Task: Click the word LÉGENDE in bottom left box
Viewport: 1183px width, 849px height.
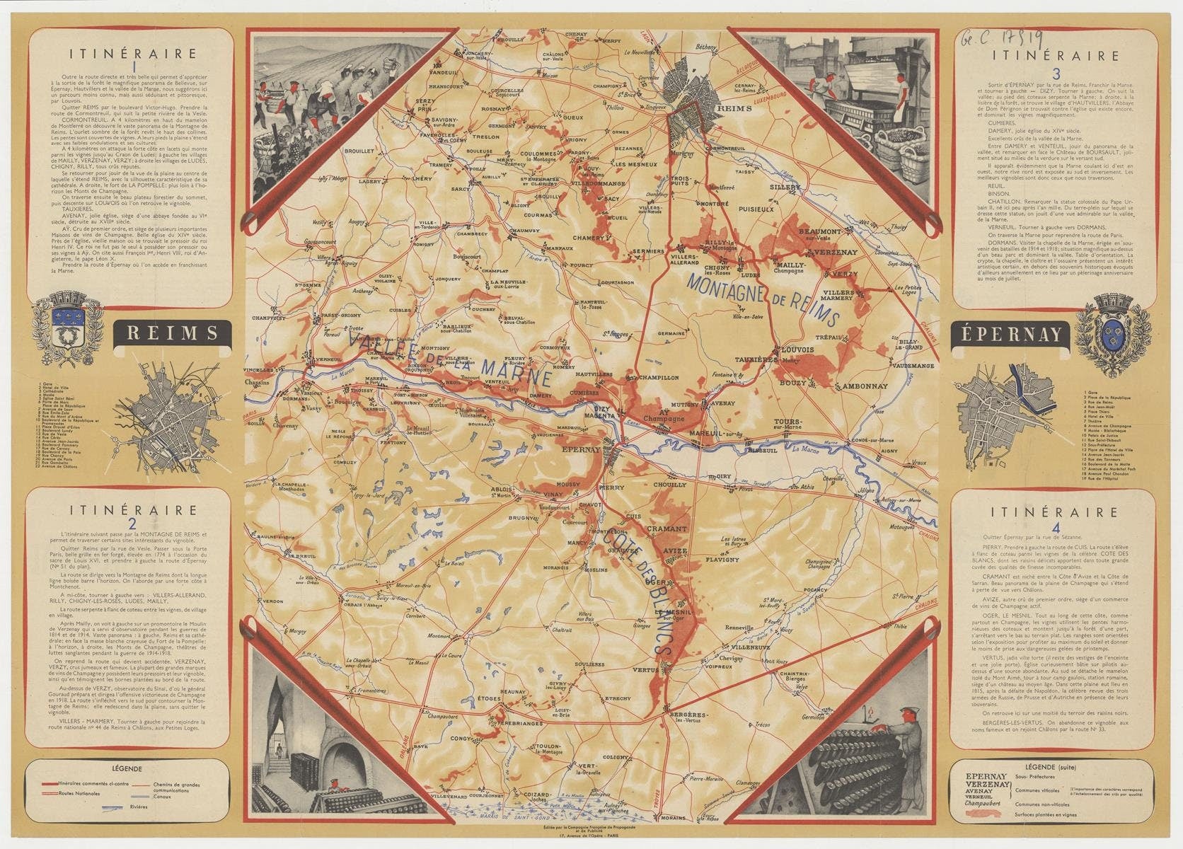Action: pos(127,768)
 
